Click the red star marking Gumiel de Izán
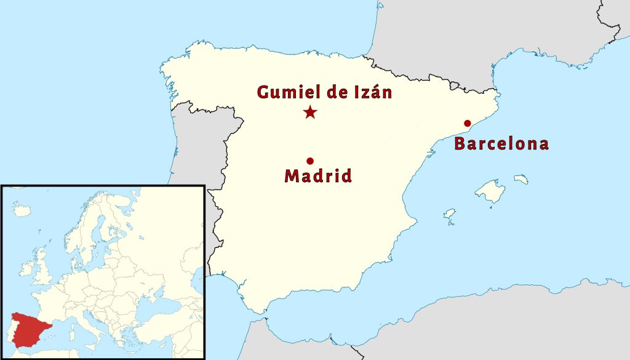coord(310,112)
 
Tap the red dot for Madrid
coord(310,161)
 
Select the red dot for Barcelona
coord(468,123)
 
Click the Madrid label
coord(318,177)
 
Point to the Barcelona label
coord(501,145)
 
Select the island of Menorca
coord(521,179)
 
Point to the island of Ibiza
coord(450,214)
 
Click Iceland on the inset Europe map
coord(22,210)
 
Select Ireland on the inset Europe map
coord(26,268)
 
